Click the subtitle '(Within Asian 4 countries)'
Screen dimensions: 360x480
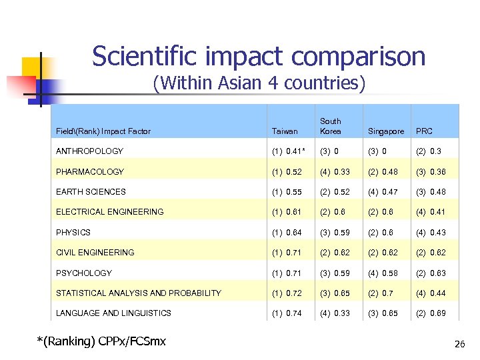pos(259,84)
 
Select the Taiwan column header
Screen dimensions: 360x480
pos(285,131)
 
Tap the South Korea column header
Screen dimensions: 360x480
pos(331,126)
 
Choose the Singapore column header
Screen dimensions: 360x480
pos(386,131)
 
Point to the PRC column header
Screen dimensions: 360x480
pos(425,131)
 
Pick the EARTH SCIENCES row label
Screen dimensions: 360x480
pos(91,192)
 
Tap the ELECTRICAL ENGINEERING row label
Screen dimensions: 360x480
pos(110,212)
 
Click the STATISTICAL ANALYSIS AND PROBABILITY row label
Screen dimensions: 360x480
pos(139,293)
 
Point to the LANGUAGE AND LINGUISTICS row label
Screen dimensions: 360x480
pos(114,313)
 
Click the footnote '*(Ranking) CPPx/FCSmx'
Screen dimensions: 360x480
pos(101,342)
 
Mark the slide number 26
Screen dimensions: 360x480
pos(459,345)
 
